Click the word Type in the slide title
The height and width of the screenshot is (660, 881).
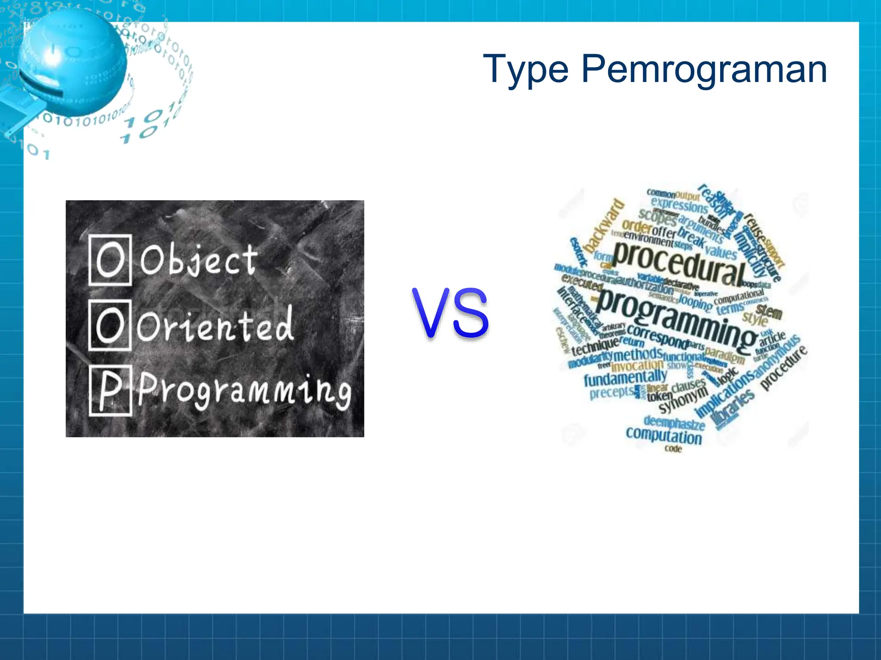[x=526, y=70]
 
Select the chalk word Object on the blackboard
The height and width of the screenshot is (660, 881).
[x=199, y=260]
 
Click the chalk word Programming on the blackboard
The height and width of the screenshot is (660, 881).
[x=244, y=391]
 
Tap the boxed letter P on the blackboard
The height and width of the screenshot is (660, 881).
[x=110, y=390]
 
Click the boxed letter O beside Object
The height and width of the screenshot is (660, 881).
[x=110, y=260]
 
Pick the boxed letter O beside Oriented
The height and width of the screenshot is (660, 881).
[x=110, y=325]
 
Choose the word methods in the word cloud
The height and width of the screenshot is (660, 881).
[x=638, y=355]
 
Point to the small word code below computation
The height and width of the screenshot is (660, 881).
[x=673, y=449]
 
